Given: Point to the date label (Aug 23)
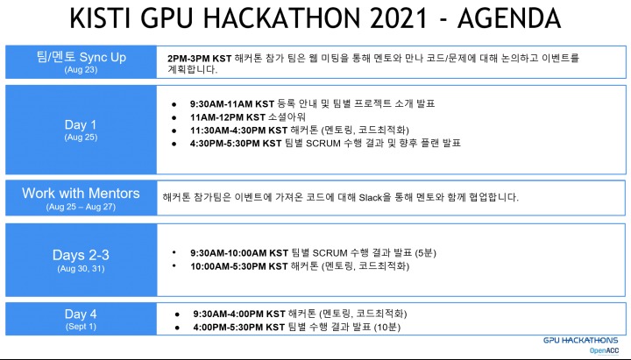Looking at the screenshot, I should click(x=80, y=69).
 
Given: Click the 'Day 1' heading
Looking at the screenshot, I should click(x=81, y=124).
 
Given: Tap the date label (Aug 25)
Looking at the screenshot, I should click(x=81, y=138).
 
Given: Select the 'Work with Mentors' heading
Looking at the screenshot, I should click(x=80, y=193).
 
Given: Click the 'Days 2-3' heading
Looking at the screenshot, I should click(x=81, y=255).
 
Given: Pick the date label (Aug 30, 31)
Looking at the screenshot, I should click(x=81, y=268).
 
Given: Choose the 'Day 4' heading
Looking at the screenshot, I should click(x=81, y=314).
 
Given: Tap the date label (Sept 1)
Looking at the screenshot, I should click(x=81, y=326).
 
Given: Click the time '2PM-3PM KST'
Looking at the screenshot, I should click(x=200, y=57).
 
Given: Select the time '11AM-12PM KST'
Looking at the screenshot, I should click(x=225, y=116).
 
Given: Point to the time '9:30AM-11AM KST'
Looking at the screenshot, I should click(x=230, y=103).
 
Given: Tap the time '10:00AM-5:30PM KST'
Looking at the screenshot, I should click(x=238, y=265).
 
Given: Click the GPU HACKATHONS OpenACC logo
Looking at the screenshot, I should click(x=580, y=343).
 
